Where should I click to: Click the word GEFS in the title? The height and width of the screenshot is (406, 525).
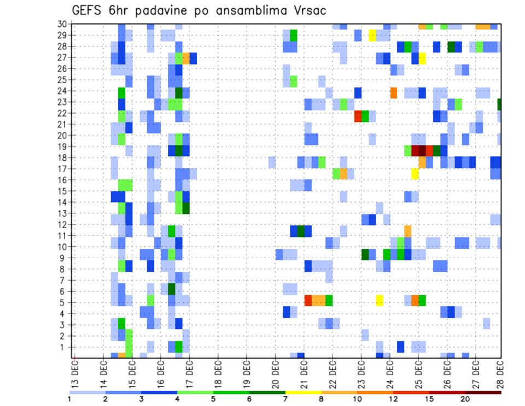[89, 11]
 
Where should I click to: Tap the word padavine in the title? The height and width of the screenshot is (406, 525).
[166, 11]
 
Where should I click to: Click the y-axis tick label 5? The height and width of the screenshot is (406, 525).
[63, 303]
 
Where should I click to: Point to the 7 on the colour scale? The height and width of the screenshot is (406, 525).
[285, 399]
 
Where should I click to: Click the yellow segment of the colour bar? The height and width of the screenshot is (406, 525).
[303, 392]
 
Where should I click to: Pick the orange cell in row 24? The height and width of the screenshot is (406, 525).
[393, 93]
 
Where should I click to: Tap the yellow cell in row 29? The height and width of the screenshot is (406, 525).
[372, 35]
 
